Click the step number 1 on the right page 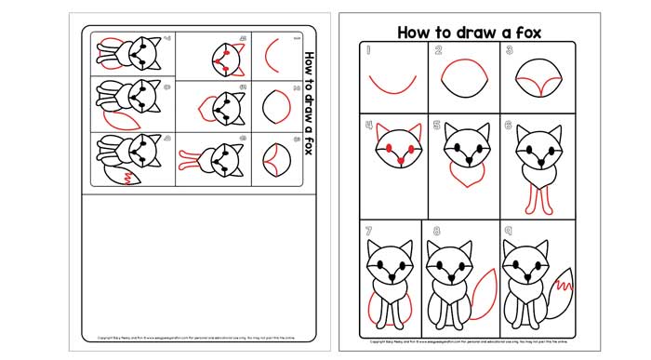[x=368, y=52]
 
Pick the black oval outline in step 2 [x=464, y=80]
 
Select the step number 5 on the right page [x=436, y=124]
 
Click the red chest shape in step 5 [x=462, y=176]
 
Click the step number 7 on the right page [x=368, y=230]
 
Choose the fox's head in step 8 [x=451, y=263]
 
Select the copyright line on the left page [x=195, y=339]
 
